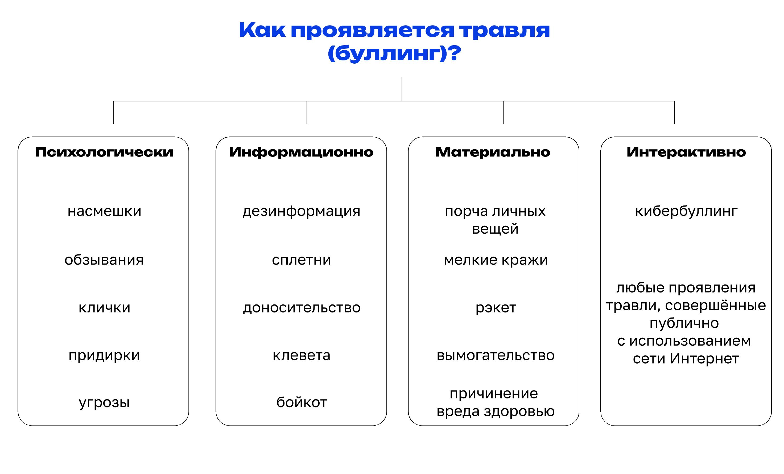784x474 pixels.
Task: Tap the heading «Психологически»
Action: coord(104,152)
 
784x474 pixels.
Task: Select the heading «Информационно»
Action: coord(301,152)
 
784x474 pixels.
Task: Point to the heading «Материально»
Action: coord(493,152)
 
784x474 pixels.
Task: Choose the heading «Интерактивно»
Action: coord(686,152)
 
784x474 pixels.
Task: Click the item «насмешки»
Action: coord(104,211)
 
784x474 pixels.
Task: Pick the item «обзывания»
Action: coord(104,260)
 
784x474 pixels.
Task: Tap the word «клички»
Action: coord(104,308)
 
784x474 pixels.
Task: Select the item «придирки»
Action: coord(104,356)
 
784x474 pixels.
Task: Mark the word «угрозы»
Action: coord(104,403)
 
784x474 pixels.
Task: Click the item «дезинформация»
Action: coord(301,212)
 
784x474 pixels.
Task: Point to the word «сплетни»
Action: coord(301,260)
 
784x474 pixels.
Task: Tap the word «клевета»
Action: coord(301,355)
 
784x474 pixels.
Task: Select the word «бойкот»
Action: coord(302,402)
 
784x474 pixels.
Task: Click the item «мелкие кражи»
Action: coord(496,260)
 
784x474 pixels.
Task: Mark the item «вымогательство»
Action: coord(496,355)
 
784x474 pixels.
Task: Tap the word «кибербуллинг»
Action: coord(686,212)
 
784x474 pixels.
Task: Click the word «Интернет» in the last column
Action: coord(704,358)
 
